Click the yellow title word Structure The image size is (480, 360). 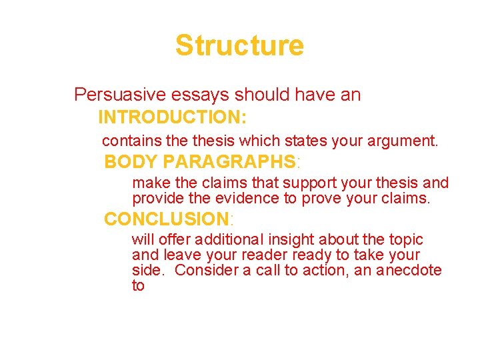[x=239, y=45]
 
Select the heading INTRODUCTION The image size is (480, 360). [x=173, y=118]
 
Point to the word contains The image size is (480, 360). [x=127, y=141]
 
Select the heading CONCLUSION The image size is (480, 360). [x=167, y=219]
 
